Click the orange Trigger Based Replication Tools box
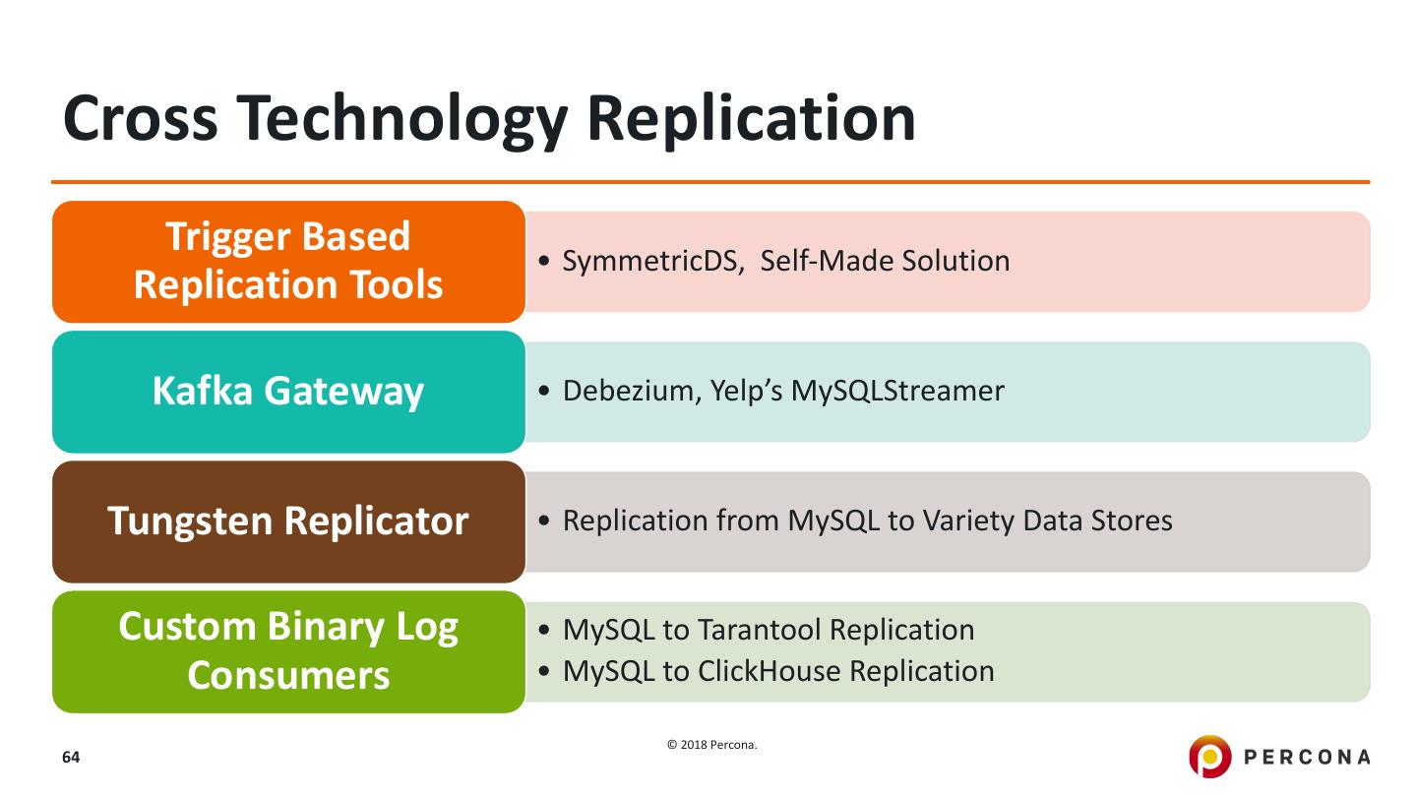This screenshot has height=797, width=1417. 288,262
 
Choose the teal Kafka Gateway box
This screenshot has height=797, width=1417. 288,392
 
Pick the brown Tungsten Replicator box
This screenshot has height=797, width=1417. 288,521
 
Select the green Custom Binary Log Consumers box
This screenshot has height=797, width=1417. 288,651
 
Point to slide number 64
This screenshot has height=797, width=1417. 71,758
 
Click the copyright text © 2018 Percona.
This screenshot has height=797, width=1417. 712,745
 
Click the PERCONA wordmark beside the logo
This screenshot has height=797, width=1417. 1307,757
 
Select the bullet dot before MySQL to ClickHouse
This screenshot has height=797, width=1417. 546,672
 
